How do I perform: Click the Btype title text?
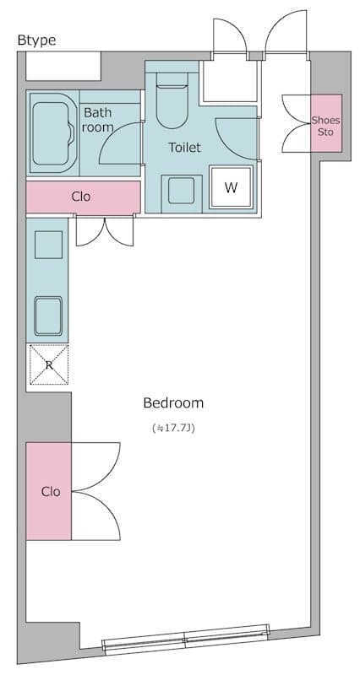coord(36,40)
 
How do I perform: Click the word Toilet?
coord(184,148)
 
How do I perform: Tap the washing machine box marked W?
coord(231,187)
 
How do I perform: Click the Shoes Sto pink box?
coord(325,124)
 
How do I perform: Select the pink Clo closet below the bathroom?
coord(82,197)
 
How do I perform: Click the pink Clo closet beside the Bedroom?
coord(49,491)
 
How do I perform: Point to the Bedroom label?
coord(173,402)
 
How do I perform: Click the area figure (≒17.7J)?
coord(173,429)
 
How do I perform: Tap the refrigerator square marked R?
coord(48,365)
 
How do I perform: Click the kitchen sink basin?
coord(48,316)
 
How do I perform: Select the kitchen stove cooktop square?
coord(47,245)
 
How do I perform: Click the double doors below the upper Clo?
coord(105,229)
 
